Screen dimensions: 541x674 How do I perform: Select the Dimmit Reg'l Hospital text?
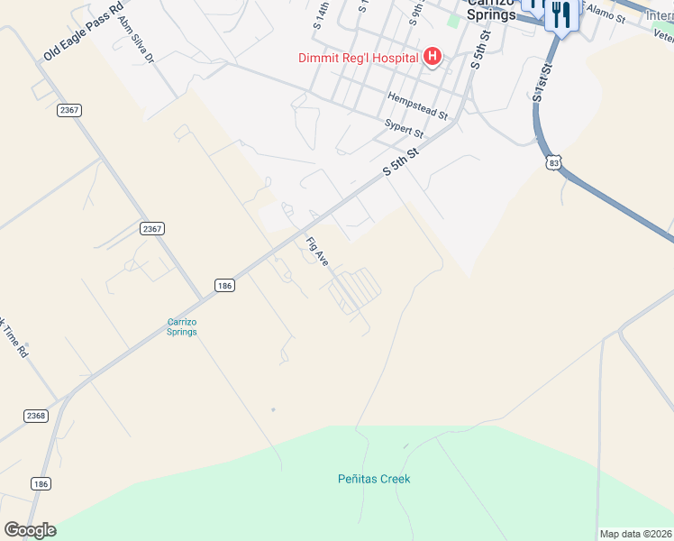(359, 58)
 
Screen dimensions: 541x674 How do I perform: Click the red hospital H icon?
(433, 58)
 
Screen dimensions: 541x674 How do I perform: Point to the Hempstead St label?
(417, 105)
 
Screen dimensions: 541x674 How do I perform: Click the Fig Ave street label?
(317, 252)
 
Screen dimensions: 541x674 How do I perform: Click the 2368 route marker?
(36, 415)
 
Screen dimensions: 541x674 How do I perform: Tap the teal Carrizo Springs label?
(182, 326)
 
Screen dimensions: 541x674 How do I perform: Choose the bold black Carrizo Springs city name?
(491, 9)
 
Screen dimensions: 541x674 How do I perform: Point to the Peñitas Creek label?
(374, 479)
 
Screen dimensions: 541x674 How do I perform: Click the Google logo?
(30, 530)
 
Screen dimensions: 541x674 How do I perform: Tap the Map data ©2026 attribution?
(636, 534)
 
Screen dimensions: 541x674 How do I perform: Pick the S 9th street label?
(415, 11)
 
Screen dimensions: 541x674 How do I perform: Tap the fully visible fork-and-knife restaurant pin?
(562, 16)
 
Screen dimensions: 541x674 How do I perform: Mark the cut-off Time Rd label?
(13, 338)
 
